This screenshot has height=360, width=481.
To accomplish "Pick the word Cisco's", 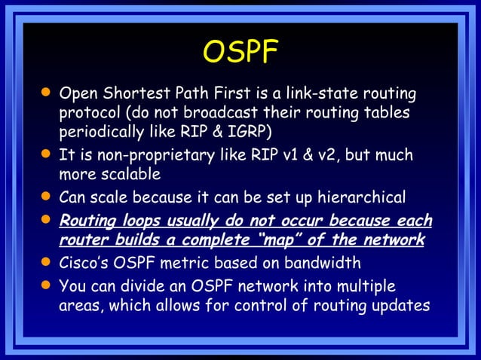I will click(87, 264).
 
